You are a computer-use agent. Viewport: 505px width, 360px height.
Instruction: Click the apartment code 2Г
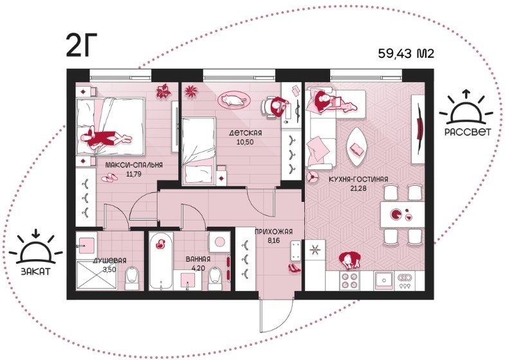(x=77, y=46)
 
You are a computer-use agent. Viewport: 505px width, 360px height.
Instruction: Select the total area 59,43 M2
(x=406, y=53)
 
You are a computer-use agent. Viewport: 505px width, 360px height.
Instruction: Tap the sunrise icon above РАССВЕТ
(x=466, y=107)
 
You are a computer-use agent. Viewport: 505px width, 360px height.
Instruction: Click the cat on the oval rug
(x=234, y=100)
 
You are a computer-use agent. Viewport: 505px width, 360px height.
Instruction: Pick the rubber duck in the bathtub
(x=160, y=244)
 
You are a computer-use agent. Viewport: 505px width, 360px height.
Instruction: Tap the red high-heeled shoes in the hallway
(x=294, y=267)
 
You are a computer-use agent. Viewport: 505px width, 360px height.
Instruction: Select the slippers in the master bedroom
(x=109, y=177)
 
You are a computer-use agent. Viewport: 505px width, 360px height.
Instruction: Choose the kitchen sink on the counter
(x=384, y=280)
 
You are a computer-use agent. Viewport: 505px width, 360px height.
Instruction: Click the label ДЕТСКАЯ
(x=245, y=133)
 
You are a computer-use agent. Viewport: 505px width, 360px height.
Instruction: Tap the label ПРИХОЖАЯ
(x=273, y=231)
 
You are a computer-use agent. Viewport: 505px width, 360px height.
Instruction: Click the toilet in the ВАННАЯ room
(x=215, y=279)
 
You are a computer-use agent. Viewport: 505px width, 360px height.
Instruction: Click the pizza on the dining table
(x=396, y=213)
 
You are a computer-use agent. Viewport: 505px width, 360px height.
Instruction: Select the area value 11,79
(x=134, y=174)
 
